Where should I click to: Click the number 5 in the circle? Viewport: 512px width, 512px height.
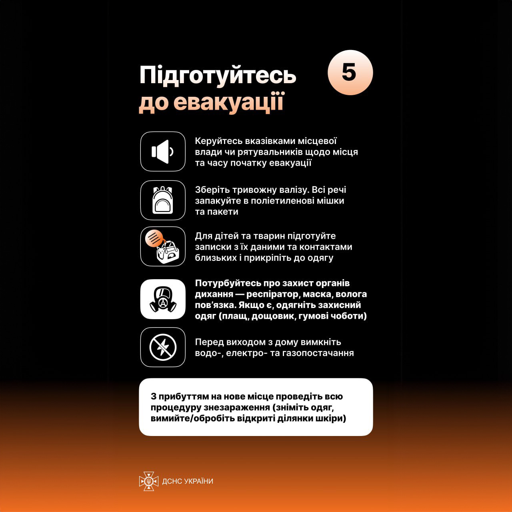(349, 72)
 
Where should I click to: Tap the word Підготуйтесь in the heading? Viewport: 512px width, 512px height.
(218, 75)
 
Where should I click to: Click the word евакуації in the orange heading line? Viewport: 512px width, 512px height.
(228, 102)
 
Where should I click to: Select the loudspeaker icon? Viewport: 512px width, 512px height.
(163, 152)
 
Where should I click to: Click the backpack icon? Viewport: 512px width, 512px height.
(163, 200)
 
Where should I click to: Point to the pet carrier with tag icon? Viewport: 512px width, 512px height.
(163, 246)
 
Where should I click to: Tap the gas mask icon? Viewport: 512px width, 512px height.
(163, 299)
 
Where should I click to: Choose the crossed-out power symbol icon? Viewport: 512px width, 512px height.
(163, 347)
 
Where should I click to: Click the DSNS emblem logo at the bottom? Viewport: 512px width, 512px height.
(148, 481)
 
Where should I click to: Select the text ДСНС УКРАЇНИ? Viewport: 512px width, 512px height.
(188, 481)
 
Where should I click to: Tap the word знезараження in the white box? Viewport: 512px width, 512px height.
(237, 407)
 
